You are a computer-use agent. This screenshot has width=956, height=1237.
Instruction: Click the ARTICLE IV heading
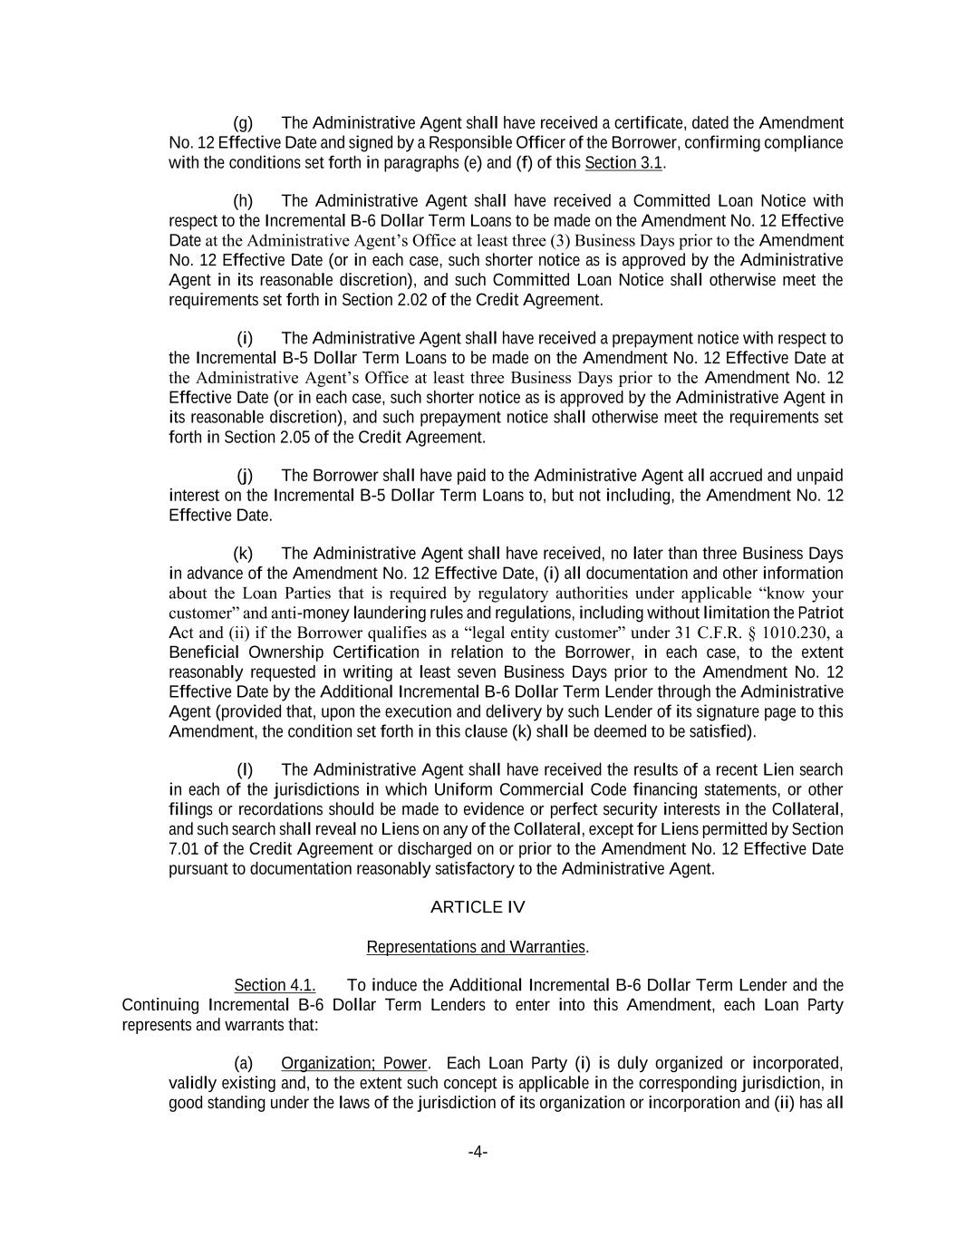tap(477, 907)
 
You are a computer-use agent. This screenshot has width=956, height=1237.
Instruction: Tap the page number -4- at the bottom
tap(478, 1152)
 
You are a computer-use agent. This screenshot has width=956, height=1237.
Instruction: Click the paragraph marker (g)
tap(243, 123)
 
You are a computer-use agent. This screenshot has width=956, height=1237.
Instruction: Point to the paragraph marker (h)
tap(243, 201)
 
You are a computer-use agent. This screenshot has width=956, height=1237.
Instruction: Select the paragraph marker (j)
tap(245, 476)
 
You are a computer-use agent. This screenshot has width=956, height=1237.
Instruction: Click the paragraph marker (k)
tap(243, 554)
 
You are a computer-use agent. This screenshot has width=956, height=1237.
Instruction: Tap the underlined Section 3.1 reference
tap(624, 163)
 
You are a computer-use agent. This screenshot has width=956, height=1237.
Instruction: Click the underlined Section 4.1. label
tap(275, 985)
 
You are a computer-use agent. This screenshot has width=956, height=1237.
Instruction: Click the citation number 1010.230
tap(797, 633)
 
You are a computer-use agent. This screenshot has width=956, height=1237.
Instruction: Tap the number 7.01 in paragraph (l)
tap(184, 849)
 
